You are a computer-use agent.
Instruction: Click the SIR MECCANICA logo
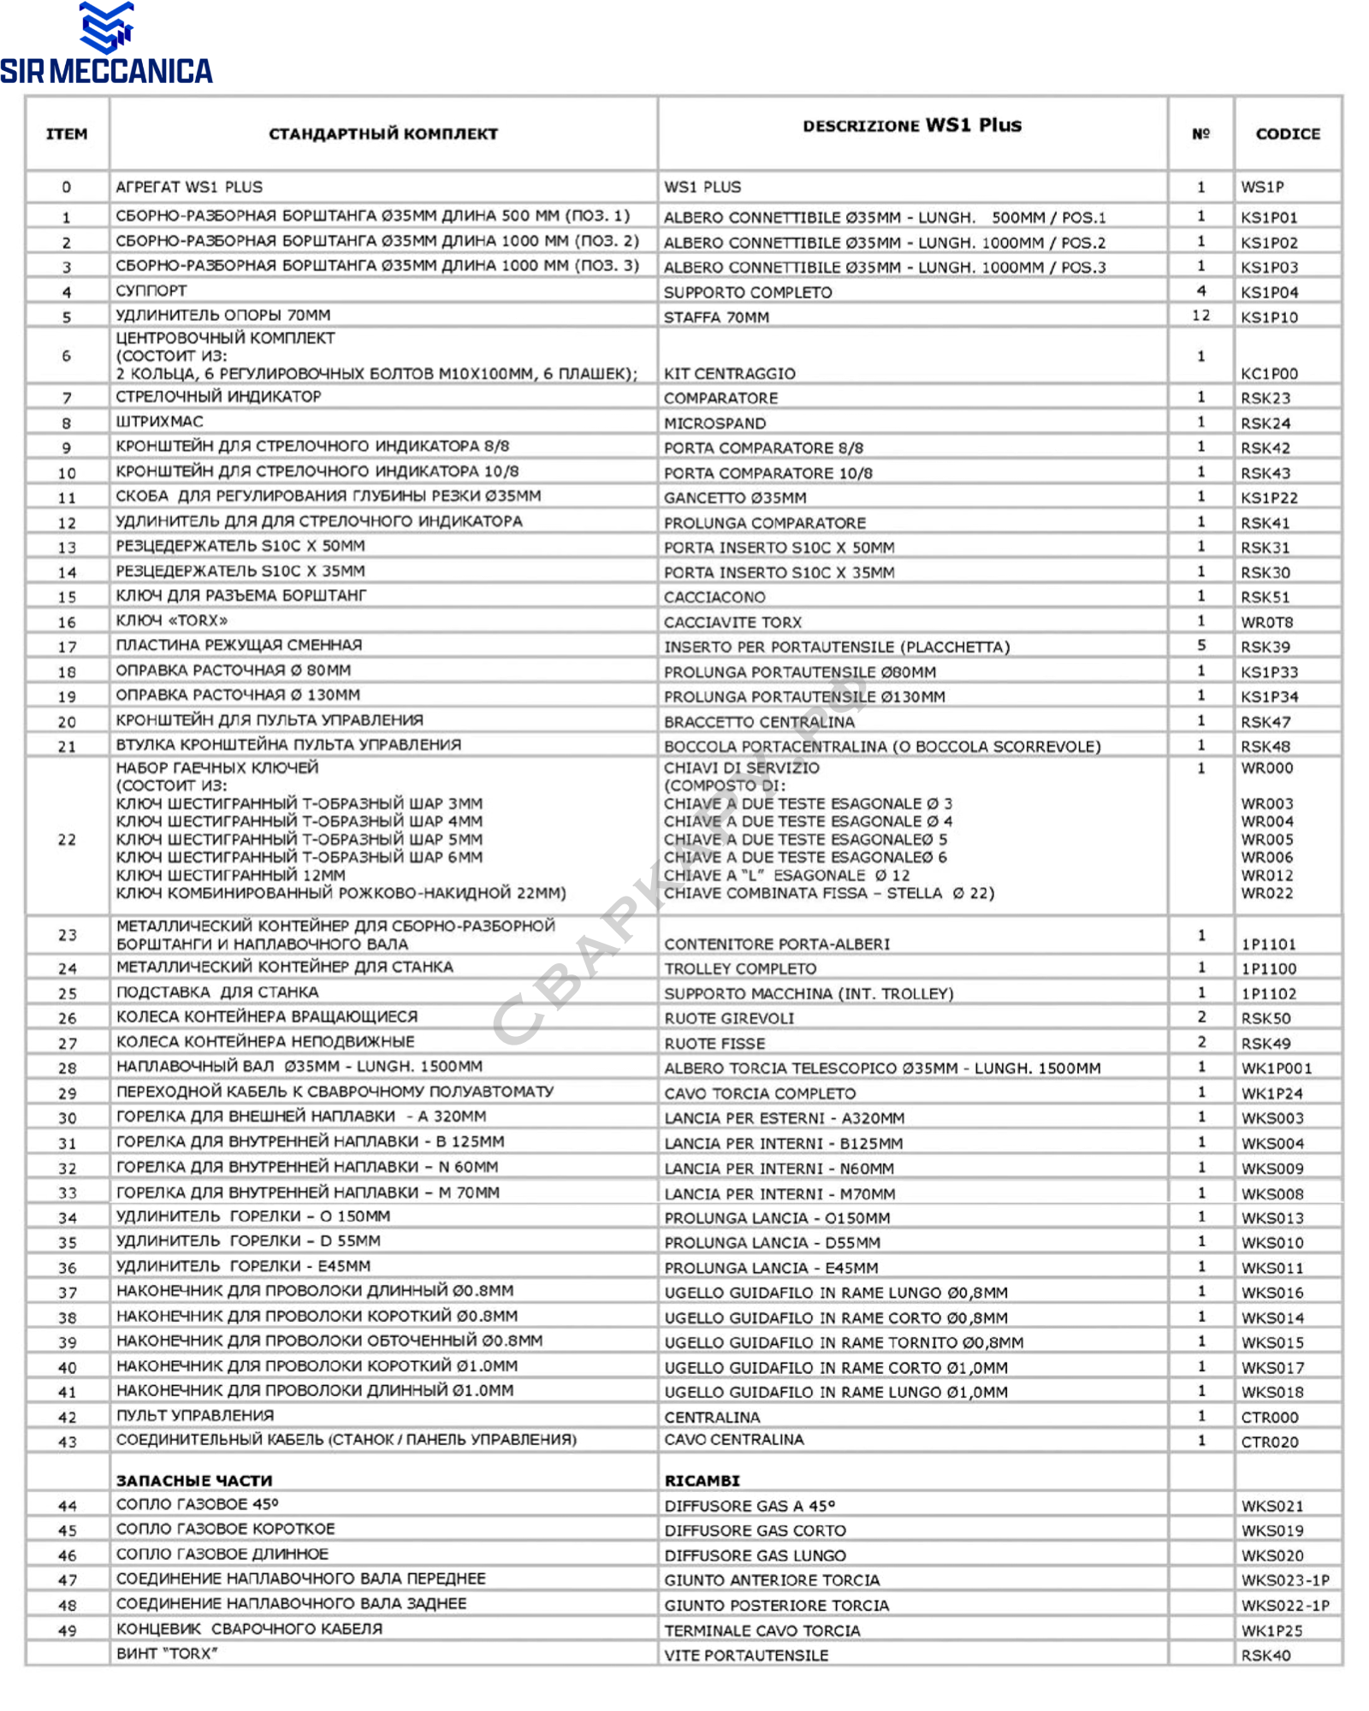coord(106,44)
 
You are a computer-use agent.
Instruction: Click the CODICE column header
coord(1287,133)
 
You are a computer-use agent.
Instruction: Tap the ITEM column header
coord(67,133)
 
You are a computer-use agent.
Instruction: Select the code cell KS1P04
coord(1269,292)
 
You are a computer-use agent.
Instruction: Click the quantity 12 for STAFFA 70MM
coord(1200,316)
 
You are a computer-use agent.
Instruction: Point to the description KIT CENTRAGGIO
coord(729,373)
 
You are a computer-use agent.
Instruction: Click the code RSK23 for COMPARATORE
coord(1265,398)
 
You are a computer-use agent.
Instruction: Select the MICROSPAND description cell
coord(714,423)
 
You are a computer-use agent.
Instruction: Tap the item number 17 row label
coord(67,647)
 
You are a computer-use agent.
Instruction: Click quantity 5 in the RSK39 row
coord(1200,645)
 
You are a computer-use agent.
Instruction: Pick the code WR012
coord(1267,875)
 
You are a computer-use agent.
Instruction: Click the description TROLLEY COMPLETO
coord(740,968)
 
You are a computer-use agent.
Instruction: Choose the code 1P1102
coord(1269,993)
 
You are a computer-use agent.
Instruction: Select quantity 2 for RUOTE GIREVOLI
coord(1201,1017)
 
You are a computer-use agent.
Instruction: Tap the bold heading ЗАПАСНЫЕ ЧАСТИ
coord(194,1480)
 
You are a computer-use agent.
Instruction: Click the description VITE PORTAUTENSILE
coord(746,1655)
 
